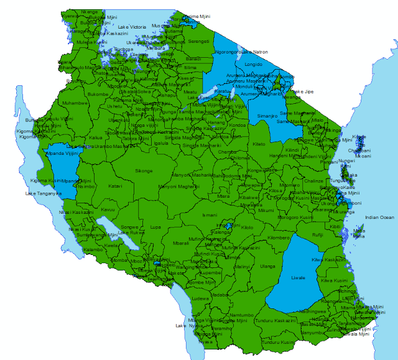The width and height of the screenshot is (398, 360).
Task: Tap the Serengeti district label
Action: coord(199,42)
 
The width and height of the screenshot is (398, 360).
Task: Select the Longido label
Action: coord(253,64)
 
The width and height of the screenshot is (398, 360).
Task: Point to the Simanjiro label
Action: coord(267,116)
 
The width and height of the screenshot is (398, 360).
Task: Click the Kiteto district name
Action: coord(259,144)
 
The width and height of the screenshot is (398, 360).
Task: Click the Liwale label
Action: coord(298,277)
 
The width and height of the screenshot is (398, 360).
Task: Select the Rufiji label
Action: coord(317,235)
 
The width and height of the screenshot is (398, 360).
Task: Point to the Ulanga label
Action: coord(267,266)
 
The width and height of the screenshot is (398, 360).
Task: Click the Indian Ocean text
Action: coord(379,218)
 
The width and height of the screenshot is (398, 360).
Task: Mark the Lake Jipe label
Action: coord(303,91)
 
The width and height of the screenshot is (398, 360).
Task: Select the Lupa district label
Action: coord(155,227)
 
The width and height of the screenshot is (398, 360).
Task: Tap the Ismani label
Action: coord(210,215)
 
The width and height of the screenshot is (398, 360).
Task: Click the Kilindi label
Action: coord(292,150)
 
